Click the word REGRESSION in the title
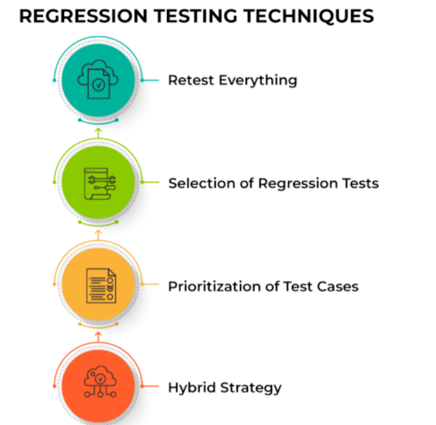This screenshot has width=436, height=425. click(83, 16)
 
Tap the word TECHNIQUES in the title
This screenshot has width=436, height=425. click(308, 16)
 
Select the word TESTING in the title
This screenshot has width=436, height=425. click(196, 16)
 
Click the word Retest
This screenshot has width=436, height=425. click(191, 80)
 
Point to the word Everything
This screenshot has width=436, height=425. click(258, 81)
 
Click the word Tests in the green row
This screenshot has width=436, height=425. click(360, 184)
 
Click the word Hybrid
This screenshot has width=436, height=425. click(192, 388)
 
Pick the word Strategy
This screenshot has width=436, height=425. click(251, 388)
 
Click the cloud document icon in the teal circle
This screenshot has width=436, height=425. click(98, 80)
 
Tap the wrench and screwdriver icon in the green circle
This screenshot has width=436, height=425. click(100, 184)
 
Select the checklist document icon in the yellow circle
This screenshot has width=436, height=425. click(101, 286)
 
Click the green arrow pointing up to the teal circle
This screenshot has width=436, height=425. click(98, 133)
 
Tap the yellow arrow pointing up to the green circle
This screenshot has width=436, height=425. click(98, 235)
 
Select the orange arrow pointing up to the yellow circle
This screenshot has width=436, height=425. click(98, 337)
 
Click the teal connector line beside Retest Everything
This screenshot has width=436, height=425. click(149, 80)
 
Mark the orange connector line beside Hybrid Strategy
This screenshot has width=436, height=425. click(149, 386)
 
